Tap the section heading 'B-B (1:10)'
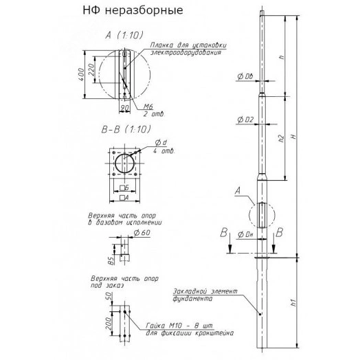pos(126,128)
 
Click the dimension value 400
pos(82,74)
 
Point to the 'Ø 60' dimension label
pos(142,232)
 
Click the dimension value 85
pos(111,260)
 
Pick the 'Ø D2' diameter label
pos(245,120)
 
